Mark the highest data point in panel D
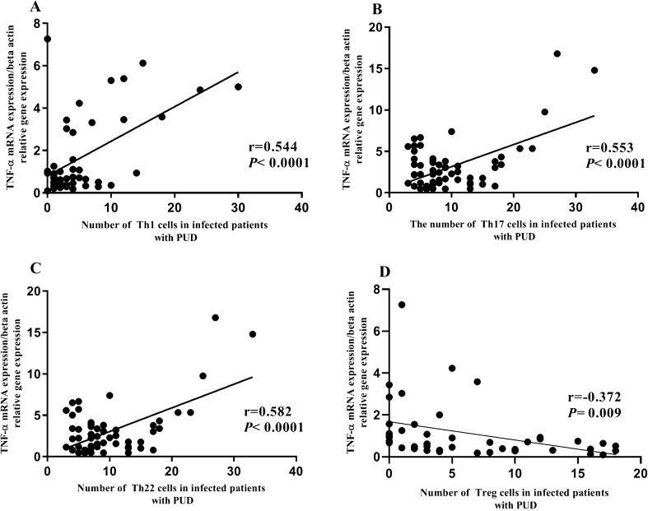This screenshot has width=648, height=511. click(402, 304)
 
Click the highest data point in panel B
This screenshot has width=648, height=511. click(557, 53)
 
